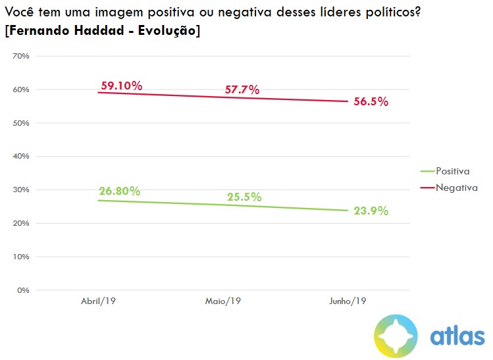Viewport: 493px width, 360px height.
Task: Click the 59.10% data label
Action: click(x=122, y=86)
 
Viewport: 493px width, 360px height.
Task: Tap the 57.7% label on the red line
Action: click(x=242, y=90)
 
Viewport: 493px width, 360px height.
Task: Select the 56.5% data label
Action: click(x=371, y=102)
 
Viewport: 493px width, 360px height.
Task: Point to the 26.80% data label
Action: click(x=120, y=192)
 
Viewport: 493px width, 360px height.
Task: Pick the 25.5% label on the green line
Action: click(x=244, y=197)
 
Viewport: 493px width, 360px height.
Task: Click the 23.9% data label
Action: click(x=371, y=211)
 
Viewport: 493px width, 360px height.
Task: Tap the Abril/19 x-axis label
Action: click(x=99, y=301)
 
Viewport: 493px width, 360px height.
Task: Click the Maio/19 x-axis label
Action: click(x=222, y=301)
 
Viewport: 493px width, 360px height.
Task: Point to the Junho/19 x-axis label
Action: click(x=347, y=301)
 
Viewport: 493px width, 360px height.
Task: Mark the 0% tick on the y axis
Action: click(x=23, y=290)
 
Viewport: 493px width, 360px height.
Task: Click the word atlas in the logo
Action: click(x=457, y=336)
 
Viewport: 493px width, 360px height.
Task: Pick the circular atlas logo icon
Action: click(x=396, y=336)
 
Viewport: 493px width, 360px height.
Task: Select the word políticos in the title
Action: click(x=388, y=13)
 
